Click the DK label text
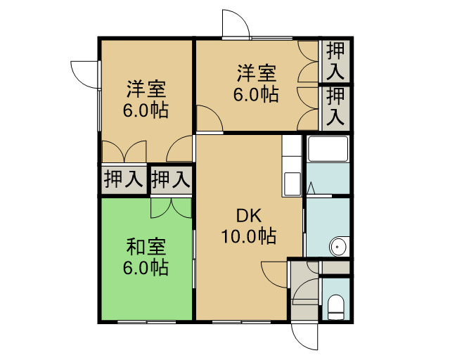[249, 216]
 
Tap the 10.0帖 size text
[249, 236]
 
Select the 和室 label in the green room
[146, 247]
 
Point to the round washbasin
[339, 246]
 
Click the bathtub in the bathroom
[328, 148]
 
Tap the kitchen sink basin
[292, 183]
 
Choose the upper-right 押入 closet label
[335, 60]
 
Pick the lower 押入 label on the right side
[335, 107]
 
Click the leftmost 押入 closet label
[124, 179]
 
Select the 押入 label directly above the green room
[171, 179]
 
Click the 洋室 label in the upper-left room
[146, 89]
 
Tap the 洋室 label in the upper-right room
[256, 73]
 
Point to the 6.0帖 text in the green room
[146, 268]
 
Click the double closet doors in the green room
[171, 208]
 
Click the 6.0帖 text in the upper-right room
[256, 94]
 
